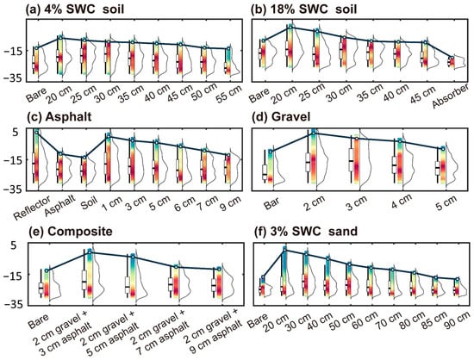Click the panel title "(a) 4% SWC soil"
[x=75, y=9]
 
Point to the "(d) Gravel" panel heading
[x=281, y=116]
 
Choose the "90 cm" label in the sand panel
[x=457, y=322]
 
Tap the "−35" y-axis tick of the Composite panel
[x=12, y=304]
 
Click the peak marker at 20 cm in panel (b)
[x=290, y=27]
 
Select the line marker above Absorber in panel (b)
[x=452, y=58]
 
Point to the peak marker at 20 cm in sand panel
[x=284, y=250]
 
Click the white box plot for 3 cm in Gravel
[x=351, y=160]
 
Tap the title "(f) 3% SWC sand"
[x=305, y=232]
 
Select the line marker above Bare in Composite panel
[x=47, y=270]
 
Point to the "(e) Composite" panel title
[x=71, y=232]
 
